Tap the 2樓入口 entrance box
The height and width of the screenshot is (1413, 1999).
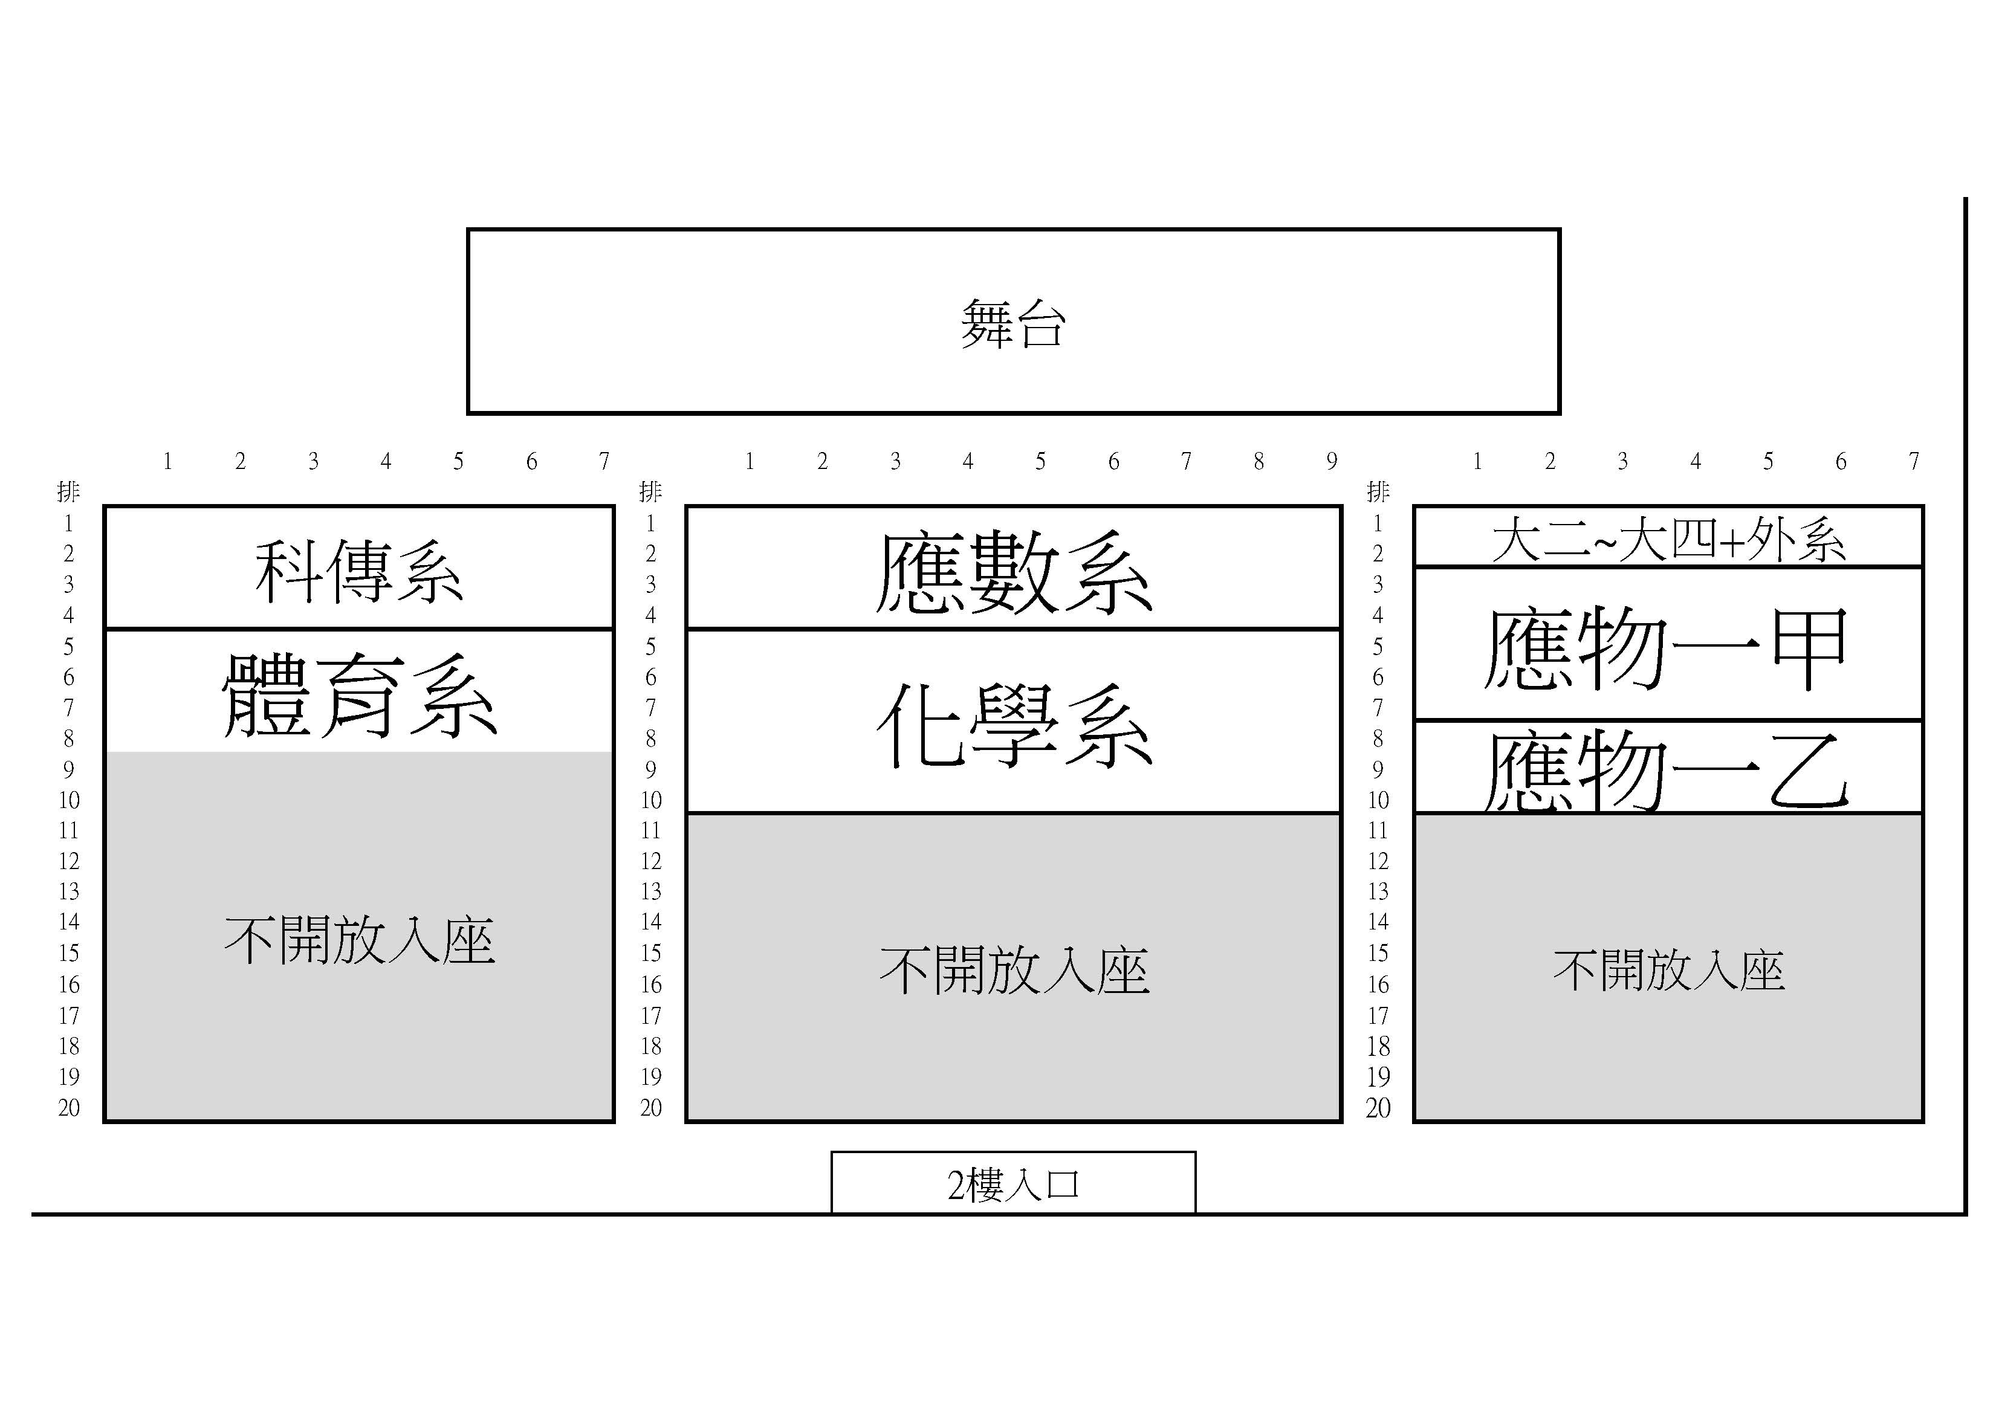click(x=1014, y=1182)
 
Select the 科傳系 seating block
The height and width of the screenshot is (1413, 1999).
click(x=358, y=567)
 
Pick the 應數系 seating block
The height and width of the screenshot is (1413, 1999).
click(x=1014, y=567)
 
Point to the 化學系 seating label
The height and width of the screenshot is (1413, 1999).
click(x=1014, y=725)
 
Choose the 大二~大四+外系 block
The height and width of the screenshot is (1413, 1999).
click(x=1668, y=536)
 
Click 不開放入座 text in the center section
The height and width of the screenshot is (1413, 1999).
click(x=1014, y=971)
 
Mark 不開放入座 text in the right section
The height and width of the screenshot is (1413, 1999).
click(x=1669, y=970)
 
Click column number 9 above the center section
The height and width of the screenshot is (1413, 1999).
click(x=1331, y=461)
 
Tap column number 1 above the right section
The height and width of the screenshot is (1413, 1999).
click(x=1477, y=461)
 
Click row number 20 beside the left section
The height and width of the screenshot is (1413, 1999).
click(x=69, y=1107)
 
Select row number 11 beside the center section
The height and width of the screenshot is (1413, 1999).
click(x=650, y=830)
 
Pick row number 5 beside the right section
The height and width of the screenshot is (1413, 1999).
click(x=1378, y=646)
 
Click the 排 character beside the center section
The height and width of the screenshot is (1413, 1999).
click(x=650, y=492)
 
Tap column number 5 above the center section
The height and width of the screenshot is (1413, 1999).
click(x=1040, y=461)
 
